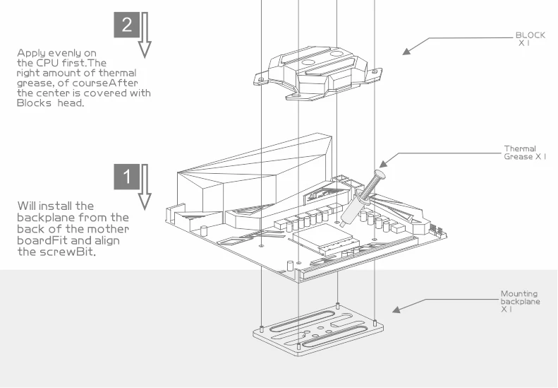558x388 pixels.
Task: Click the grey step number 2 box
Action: (126, 25)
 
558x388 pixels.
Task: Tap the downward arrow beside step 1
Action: (145, 187)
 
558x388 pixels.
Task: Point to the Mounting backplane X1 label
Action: (518, 301)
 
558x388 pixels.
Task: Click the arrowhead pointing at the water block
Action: (406, 51)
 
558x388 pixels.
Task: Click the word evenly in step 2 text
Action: (68, 53)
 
